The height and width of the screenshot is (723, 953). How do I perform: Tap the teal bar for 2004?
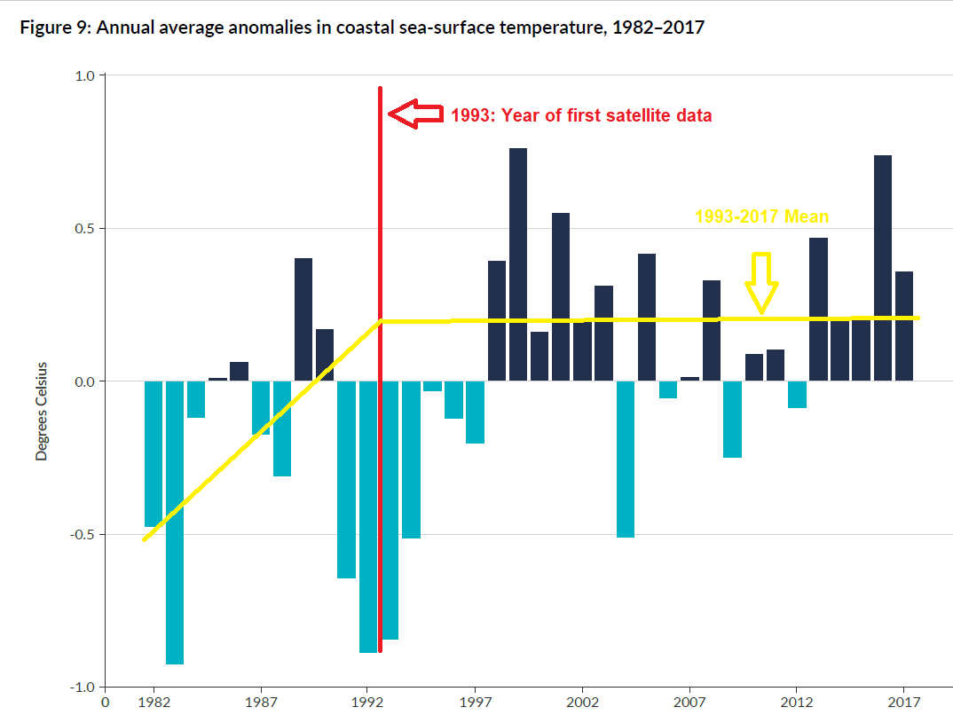pyautogui.click(x=626, y=459)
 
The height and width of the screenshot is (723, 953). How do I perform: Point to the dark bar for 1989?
pyautogui.click(x=303, y=319)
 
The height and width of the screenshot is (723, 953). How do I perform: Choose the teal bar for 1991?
pyautogui.click(x=346, y=479)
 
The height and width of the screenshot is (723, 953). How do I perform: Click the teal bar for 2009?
pyautogui.click(x=732, y=419)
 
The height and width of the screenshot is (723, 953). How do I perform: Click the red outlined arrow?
pyautogui.click(x=415, y=114)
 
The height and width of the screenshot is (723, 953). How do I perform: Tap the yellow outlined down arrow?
pyautogui.click(x=761, y=282)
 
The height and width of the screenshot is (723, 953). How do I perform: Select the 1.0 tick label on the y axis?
pyautogui.click(x=84, y=76)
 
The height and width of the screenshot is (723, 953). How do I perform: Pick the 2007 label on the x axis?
pyautogui.click(x=689, y=700)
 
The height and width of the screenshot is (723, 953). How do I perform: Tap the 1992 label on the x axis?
pyautogui.click(x=367, y=700)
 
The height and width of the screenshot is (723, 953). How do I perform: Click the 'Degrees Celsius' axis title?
pyautogui.click(x=42, y=410)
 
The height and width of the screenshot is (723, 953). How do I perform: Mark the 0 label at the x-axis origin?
pyautogui.click(x=105, y=700)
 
